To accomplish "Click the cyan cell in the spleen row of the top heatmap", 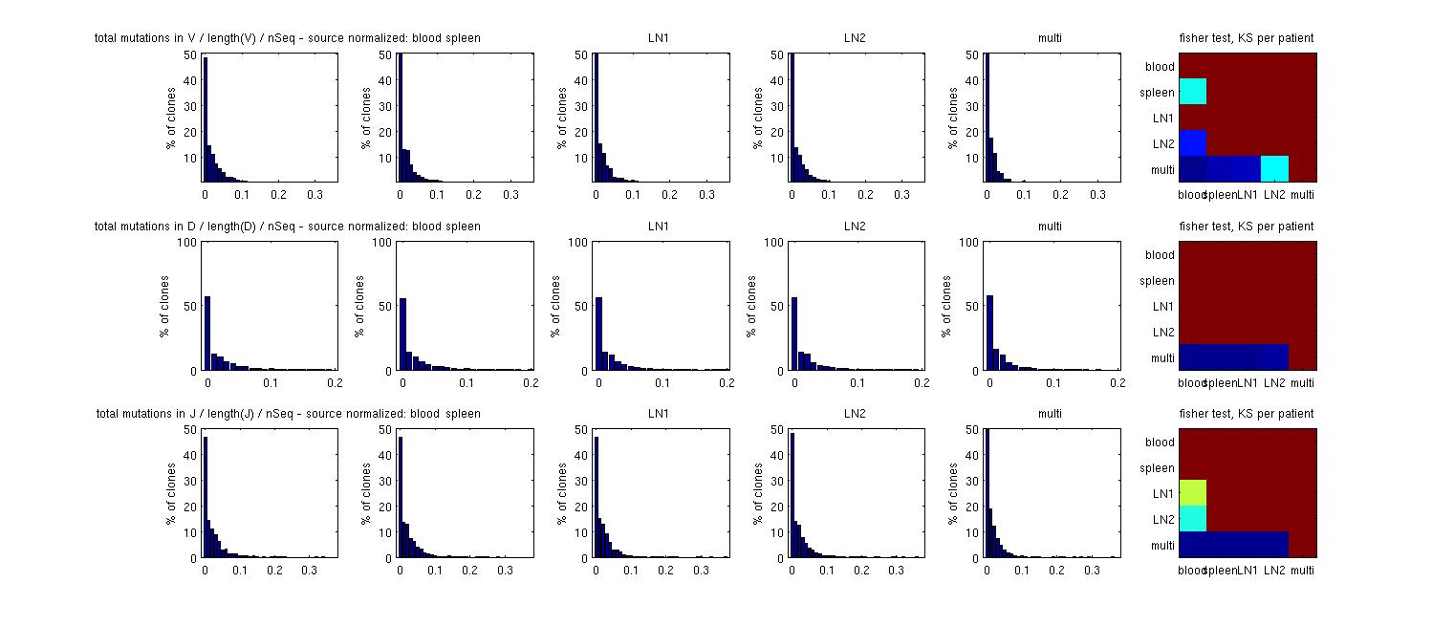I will [x=1192, y=92].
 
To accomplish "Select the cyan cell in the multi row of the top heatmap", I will [x=1274, y=168].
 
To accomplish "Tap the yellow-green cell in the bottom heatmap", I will [x=1192, y=492].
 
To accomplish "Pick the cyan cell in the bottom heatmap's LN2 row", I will [x=1192, y=518].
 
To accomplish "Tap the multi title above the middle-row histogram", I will [x=1050, y=227].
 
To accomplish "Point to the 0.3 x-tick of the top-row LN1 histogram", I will [x=706, y=194].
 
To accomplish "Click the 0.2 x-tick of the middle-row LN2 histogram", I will [x=920, y=382].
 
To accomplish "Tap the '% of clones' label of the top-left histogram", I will [x=169, y=118].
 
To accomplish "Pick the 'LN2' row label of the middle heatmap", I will [x=1162, y=333].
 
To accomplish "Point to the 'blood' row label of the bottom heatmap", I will [x=1160, y=443].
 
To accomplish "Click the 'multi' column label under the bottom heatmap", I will [x=1302, y=571].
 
